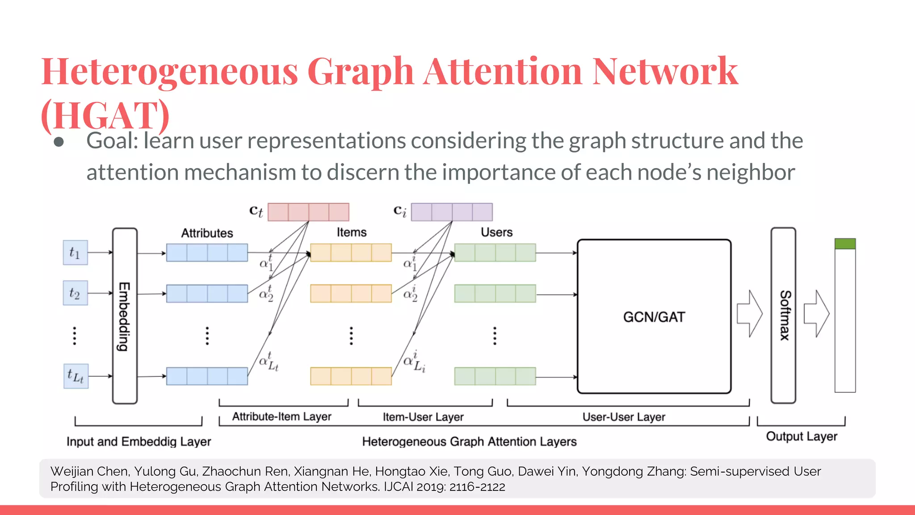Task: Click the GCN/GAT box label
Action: pyautogui.click(x=654, y=317)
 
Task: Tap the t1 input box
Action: pyautogui.click(x=75, y=253)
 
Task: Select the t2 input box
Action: pyautogui.click(x=75, y=293)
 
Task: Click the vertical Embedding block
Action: pyautogui.click(x=125, y=316)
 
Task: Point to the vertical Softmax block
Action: pyautogui.click(x=783, y=315)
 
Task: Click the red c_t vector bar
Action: pyautogui.click(x=308, y=212)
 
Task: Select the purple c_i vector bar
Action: pyautogui.click(x=452, y=212)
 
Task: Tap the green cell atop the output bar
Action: pyautogui.click(x=845, y=244)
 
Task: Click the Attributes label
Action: pyautogui.click(x=207, y=233)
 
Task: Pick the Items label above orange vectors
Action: pyautogui.click(x=352, y=232)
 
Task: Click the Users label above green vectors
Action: pyautogui.click(x=496, y=232)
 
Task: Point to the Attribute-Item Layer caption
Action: pyautogui.click(x=282, y=417)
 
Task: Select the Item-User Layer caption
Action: pyautogui.click(x=423, y=417)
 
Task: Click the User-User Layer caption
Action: pyautogui.click(x=624, y=417)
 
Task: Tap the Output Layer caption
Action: pyautogui.click(x=802, y=436)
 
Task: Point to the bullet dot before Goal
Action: pyautogui.click(x=59, y=142)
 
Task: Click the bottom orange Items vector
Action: pyautogui.click(x=351, y=376)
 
